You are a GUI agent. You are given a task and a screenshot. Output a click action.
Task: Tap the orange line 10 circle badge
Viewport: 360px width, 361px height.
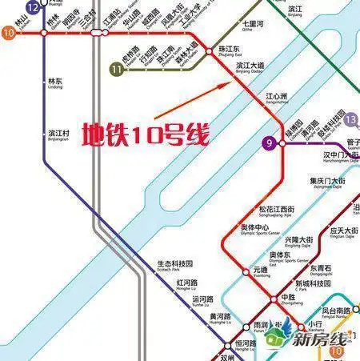click(x=9, y=34)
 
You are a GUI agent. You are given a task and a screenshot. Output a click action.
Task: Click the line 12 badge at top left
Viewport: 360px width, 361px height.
click(x=32, y=7)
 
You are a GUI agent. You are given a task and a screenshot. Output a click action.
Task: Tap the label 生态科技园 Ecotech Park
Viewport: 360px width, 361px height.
click(x=174, y=265)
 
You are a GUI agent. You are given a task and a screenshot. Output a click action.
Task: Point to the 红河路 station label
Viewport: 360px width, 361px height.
click(x=186, y=284)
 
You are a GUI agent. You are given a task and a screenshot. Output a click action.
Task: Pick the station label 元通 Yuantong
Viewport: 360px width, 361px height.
click(x=261, y=271)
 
